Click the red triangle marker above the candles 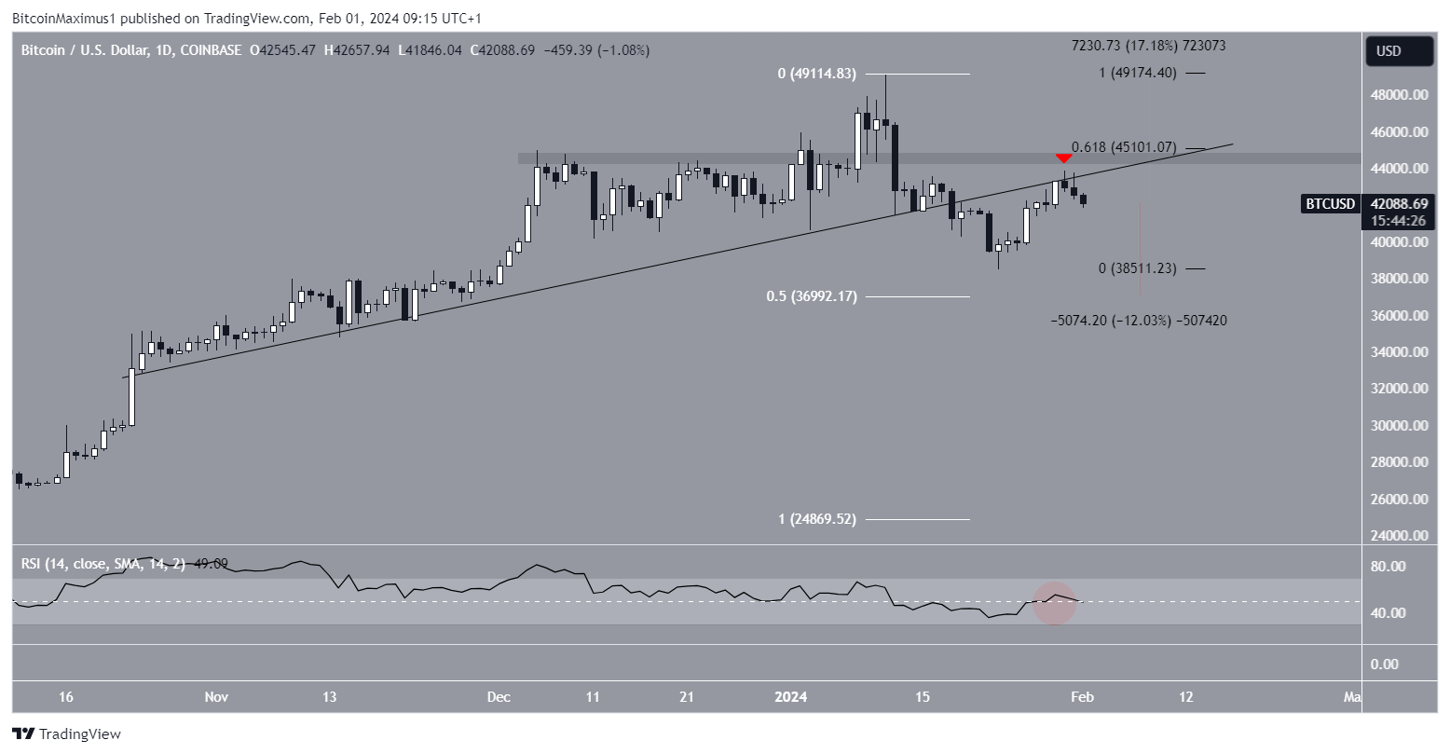click(1063, 158)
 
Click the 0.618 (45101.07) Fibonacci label click(1124, 147)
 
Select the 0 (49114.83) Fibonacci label click(816, 74)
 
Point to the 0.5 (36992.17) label click(811, 296)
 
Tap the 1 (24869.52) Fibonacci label click(816, 519)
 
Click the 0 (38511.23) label click(1137, 268)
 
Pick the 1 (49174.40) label click(1138, 73)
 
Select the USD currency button click(1399, 51)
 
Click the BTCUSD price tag click(1329, 204)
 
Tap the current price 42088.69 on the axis click(1399, 204)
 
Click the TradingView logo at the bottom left click(67, 734)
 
